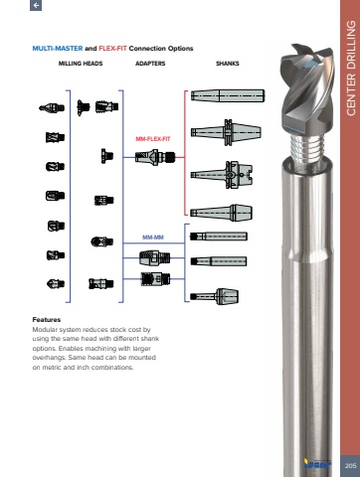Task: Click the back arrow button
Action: pyautogui.click(x=36, y=5)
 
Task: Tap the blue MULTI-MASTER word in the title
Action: pyautogui.click(x=58, y=49)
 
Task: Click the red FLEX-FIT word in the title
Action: pyautogui.click(x=112, y=49)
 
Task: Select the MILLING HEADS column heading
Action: pyautogui.click(x=81, y=64)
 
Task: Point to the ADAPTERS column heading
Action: pyautogui.click(x=150, y=64)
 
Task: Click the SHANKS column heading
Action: pyautogui.click(x=228, y=64)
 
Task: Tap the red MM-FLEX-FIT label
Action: pyautogui.click(x=153, y=139)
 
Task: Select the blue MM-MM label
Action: pyautogui.click(x=153, y=238)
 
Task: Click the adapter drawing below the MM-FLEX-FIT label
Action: pyautogui.click(x=155, y=156)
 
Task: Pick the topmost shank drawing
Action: pyautogui.click(x=228, y=95)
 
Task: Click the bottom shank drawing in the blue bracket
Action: pyautogui.click(x=214, y=296)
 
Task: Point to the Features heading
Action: pyautogui.click(x=47, y=320)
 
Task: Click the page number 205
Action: pyautogui.click(x=350, y=466)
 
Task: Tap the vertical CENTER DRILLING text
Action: pyautogui.click(x=351, y=69)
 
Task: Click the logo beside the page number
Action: pyautogui.click(x=317, y=463)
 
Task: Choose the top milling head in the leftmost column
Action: pyautogui.click(x=52, y=107)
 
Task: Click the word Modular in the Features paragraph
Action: pyautogui.click(x=45, y=330)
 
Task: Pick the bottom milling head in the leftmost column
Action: pyautogui.click(x=56, y=284)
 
